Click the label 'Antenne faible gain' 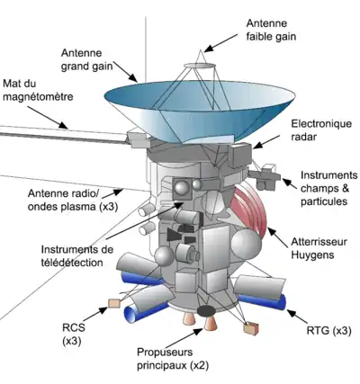(x=271, y=30)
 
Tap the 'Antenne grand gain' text (x=87, y=59)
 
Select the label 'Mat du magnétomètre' (x=38, y=90)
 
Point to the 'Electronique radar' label (x=321, y=130)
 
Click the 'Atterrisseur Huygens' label (x=319, y=248)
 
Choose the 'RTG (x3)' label (x=328, y=331)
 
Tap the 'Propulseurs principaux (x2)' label (x=173, y=359)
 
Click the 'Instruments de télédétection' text (x=77, y=255)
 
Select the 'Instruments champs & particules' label (x=329, y=188)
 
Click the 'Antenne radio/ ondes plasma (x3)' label (x=73, y=200)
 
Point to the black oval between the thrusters (x=205, y=311)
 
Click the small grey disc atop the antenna (x=199, y=66)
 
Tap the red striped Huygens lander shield (x=248, y=209)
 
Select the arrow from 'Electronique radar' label (x=266, y=141)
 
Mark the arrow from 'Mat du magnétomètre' (x=49, y=118)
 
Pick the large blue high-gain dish (x=200, y=112)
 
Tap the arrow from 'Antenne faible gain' (x=220, y=42)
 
